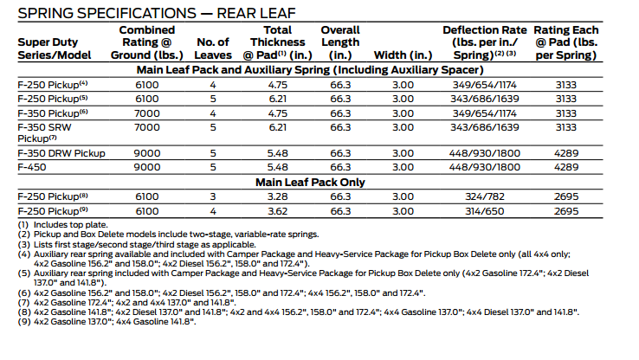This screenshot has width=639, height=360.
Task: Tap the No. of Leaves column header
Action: [x=212, y=48]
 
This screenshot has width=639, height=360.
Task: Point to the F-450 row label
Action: [x=32, y=166]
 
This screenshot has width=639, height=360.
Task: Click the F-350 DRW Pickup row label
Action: [x=61, y=153]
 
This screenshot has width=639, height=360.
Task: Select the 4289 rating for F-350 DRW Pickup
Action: [x=566, y=153]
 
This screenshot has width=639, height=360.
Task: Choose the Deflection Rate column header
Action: [x=486, y=42]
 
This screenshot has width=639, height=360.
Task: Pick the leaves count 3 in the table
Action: [x=212, y=196]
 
